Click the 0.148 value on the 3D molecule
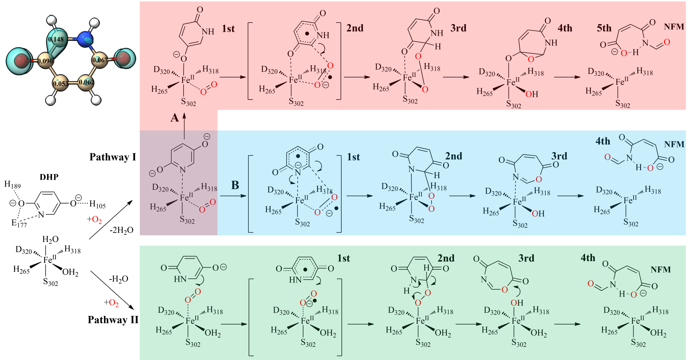coord(56,39)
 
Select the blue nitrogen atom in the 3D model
coord(85,39)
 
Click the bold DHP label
coord(49,177)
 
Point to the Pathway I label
coord(113,157)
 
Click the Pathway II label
coord(113,320)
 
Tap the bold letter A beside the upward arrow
coord(175,118)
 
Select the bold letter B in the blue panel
coord(235,185)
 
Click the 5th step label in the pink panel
coord(604,28)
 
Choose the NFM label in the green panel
coord(660,269)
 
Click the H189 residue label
coord(12,185)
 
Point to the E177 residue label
coord(19,223)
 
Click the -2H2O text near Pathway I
coord(121,230)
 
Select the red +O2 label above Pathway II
coord(111,303)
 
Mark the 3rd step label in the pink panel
coord(458,28)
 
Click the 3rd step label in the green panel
coord(526,258)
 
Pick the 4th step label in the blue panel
coord(603,141)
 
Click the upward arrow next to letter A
coord(184,126)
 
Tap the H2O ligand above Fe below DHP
coord(50,239)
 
